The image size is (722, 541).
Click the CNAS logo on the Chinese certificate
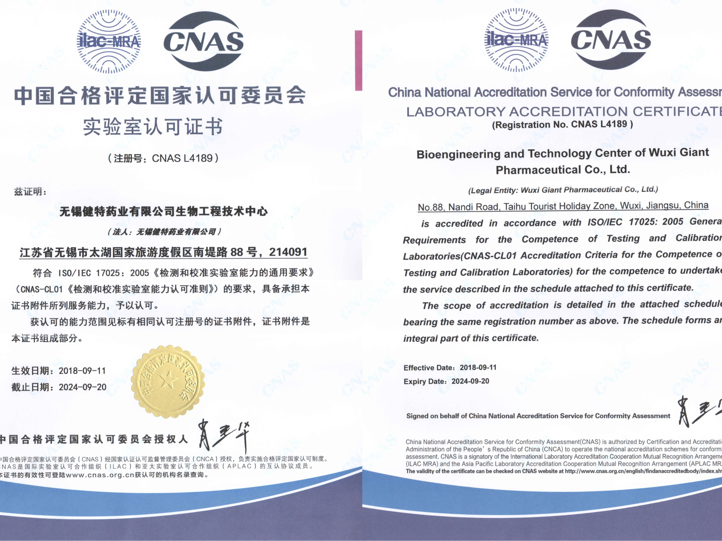coord(203,41)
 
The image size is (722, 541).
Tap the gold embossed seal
coord(168,382)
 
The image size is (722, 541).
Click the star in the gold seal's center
coord(169,380)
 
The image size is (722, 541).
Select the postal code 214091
coord(288,252)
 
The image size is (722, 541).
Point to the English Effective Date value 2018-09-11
coord(478,367)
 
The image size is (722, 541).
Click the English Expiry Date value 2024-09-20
coord(470,381)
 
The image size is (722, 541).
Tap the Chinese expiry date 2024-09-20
coord(83,387)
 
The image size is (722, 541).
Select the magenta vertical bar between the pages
coord(358,60)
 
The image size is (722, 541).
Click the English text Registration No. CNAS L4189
coord(562,125)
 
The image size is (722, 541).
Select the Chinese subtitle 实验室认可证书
coord(153,127)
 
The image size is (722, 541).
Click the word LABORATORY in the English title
coord(456,112)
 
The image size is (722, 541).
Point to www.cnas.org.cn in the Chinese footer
coord(100,475)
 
